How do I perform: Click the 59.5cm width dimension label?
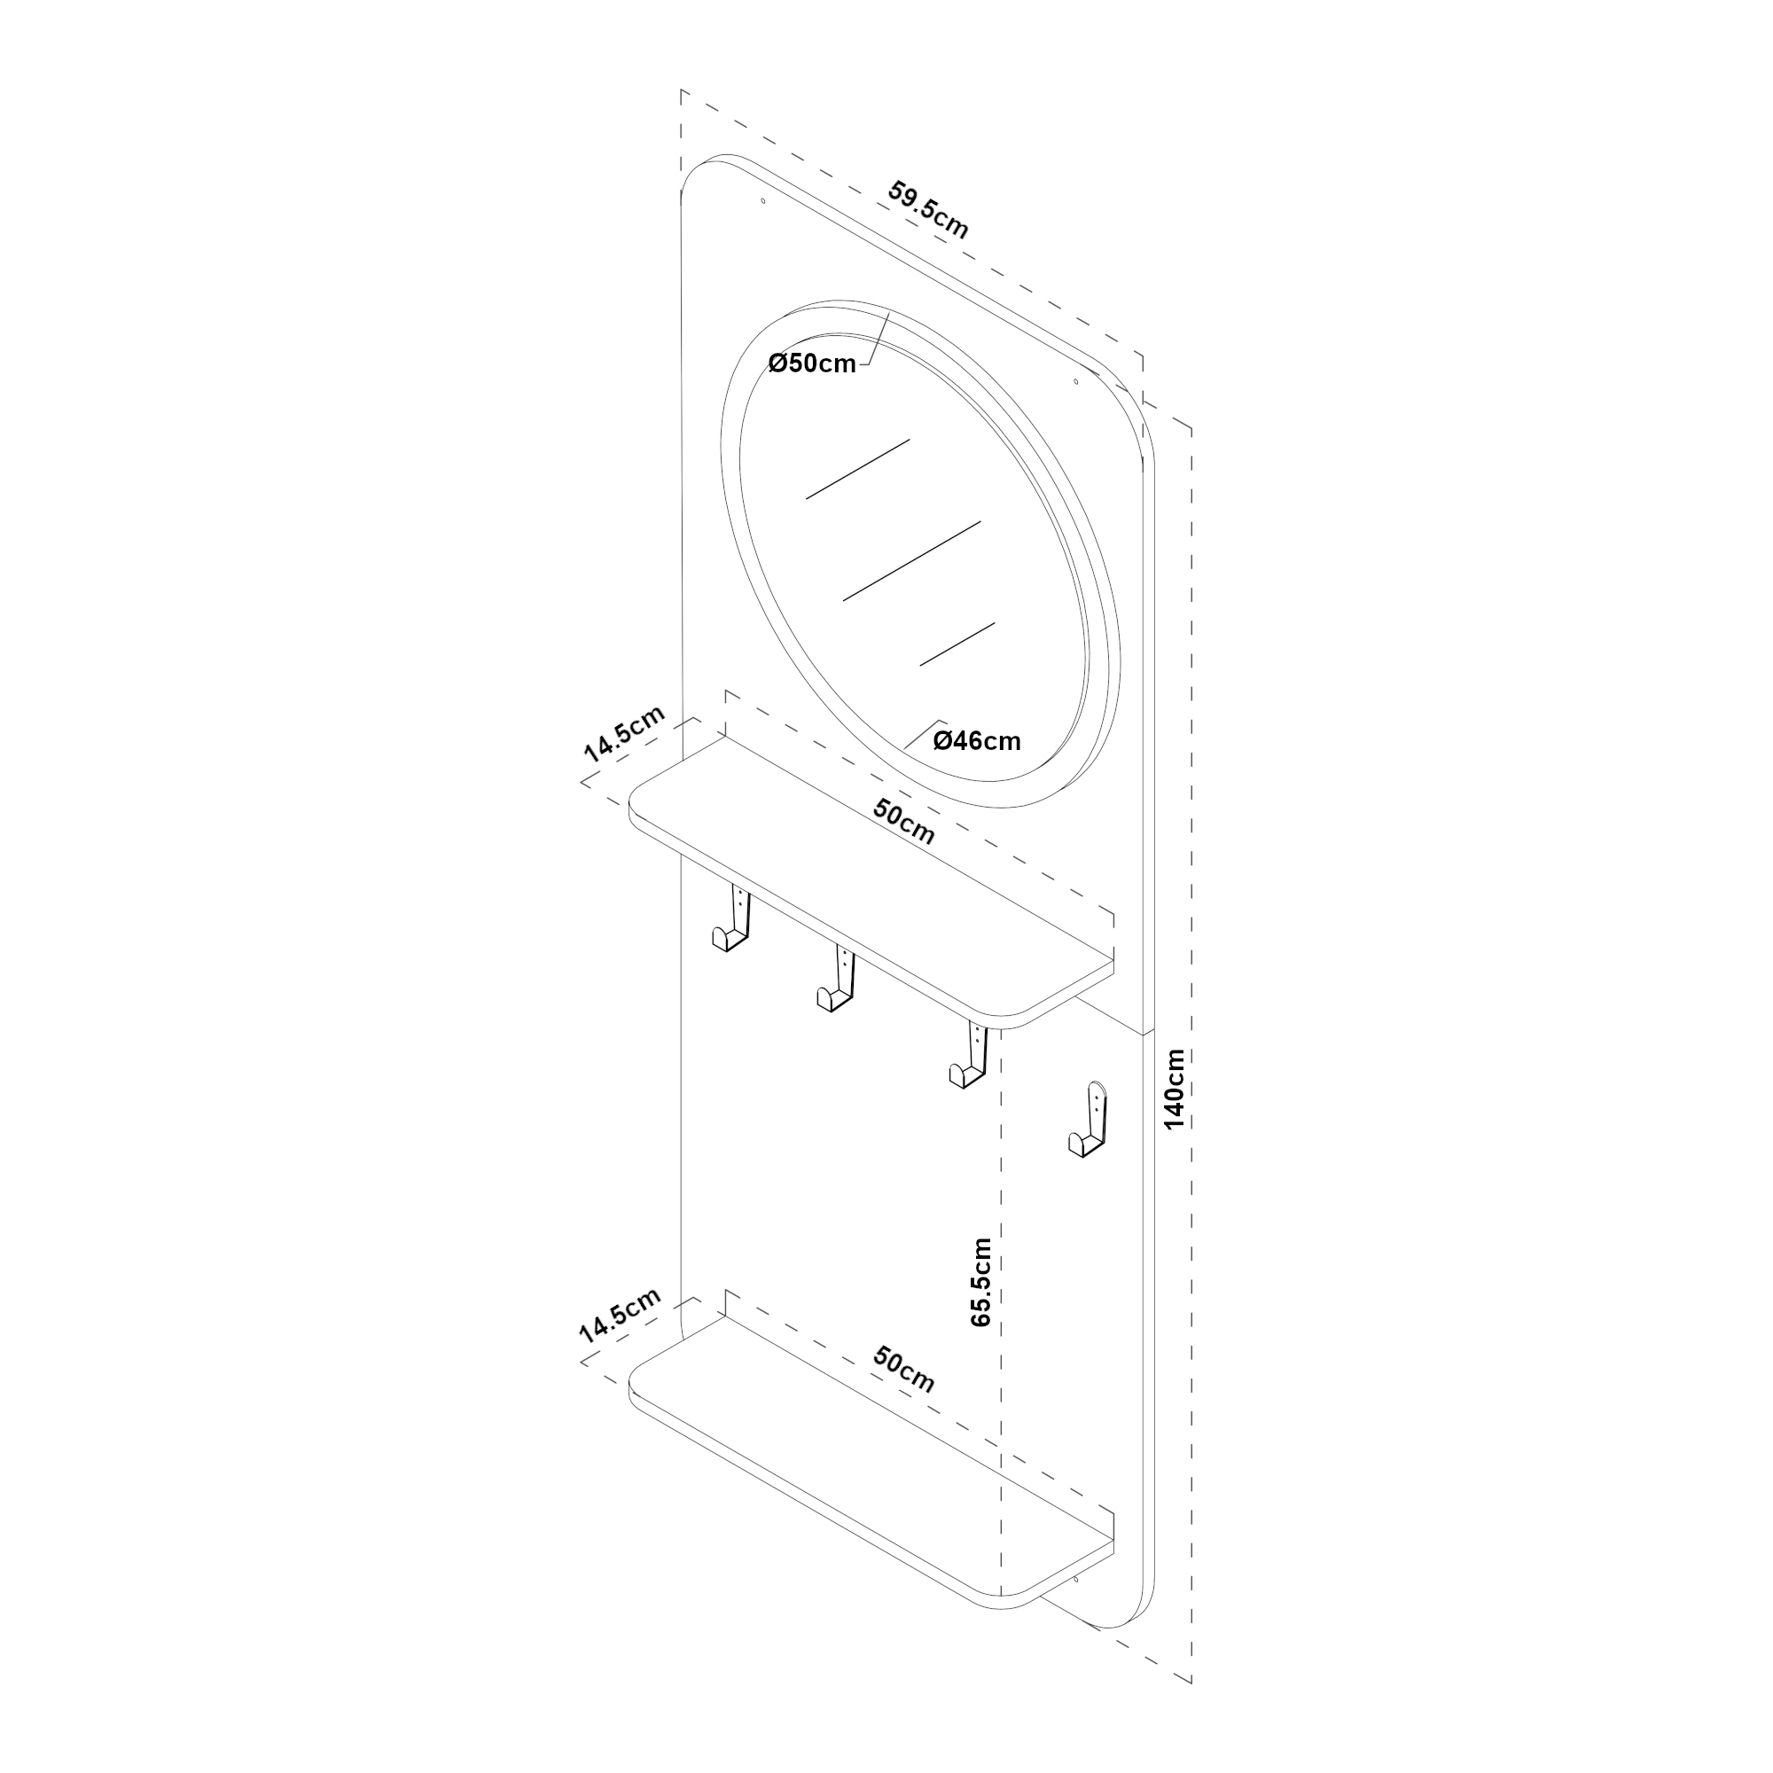point(928,210)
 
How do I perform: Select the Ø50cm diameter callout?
point(812,363)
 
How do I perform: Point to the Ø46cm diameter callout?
point(976,740)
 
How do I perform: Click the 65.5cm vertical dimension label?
point(981,1282)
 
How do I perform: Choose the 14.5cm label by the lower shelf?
point(620,1316)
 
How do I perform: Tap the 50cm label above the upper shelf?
point(904,823)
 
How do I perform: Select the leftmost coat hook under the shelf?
point(732,919)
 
